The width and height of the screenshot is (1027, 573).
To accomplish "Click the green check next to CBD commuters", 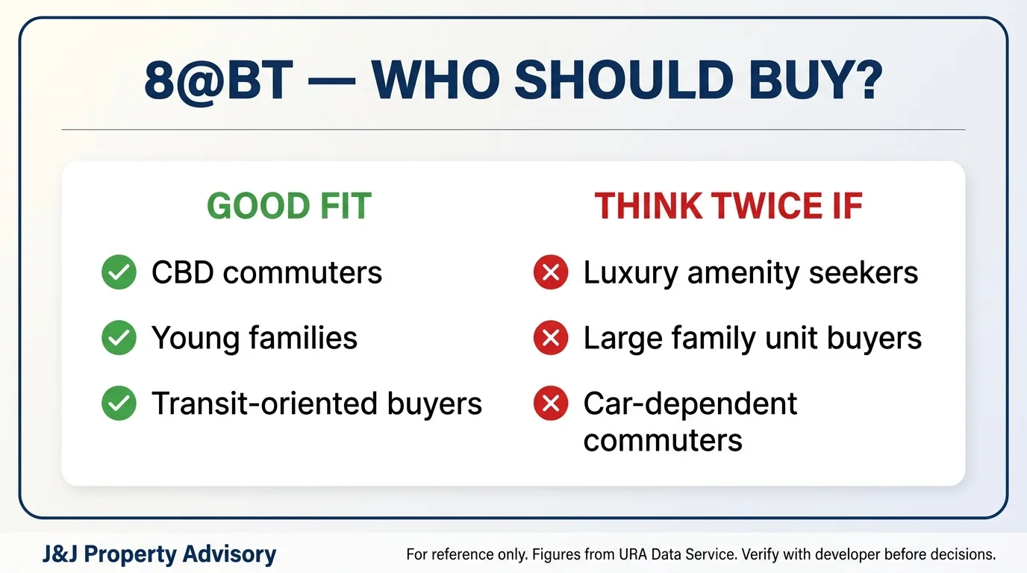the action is tap(119, 272).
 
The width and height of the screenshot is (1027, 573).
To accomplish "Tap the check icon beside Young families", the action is tap(119, 338).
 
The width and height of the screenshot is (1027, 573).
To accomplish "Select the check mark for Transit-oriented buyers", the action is tap(119, 404).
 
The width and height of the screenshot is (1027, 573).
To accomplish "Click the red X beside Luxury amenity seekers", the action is tap(551, 272).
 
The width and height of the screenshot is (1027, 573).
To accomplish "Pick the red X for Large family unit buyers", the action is tap(551, 338).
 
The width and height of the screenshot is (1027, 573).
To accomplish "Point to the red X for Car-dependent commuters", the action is tap(551, 404).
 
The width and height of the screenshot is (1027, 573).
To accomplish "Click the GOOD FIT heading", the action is tap(289, 206).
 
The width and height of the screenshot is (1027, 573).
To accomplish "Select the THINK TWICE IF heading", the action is tap(728, 206).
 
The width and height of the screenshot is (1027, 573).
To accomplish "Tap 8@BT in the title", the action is tap(219, 81).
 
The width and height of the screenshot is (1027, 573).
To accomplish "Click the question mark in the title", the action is tap(867, 80).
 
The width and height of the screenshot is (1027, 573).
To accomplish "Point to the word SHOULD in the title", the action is tap(624, 80).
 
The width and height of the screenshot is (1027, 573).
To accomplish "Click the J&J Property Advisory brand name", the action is tap(159, 554).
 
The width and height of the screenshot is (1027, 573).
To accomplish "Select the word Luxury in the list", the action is tap(631, 274).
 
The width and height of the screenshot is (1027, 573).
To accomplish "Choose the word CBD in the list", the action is tap(182, 272).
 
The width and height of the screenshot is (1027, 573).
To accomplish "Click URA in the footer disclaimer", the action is tap(634, 554).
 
